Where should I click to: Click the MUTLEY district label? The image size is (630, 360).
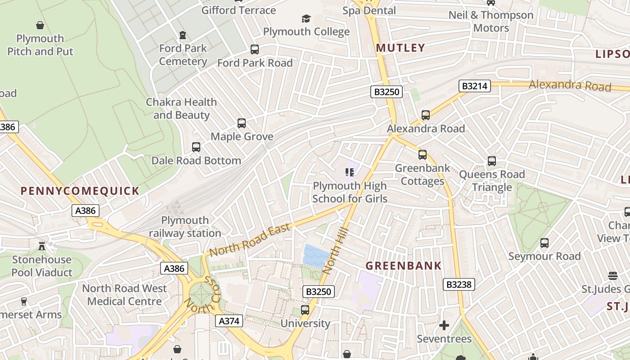coord(400,48)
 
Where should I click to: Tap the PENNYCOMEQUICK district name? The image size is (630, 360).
coord(80,190)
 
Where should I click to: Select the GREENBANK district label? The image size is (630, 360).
coord(403,265)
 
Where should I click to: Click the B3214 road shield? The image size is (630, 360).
coord(475,86)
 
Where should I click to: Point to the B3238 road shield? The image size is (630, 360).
coord(459,284)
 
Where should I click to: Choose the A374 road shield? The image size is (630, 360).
coord(229,321)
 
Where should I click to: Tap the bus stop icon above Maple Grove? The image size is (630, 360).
coord(242,123)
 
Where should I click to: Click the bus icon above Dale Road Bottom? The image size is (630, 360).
coord(196,147)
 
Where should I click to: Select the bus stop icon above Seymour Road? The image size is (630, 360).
coord(544,243)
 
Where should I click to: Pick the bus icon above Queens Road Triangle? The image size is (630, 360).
coord(492,161)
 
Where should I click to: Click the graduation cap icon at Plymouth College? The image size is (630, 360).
coord(306,18)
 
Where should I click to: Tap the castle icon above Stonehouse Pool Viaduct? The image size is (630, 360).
coord(42,246)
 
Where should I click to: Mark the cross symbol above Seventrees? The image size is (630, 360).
coord(444,325)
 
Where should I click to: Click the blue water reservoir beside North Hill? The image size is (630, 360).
coord(316,256)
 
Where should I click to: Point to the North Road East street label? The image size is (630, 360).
coord(250,241)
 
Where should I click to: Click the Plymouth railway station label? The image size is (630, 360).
coord(185,227)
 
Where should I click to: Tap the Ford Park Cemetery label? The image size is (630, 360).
coord(183,54)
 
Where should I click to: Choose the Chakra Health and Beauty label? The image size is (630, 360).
coord(181,108)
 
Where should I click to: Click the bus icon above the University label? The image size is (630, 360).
coord(305,310)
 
